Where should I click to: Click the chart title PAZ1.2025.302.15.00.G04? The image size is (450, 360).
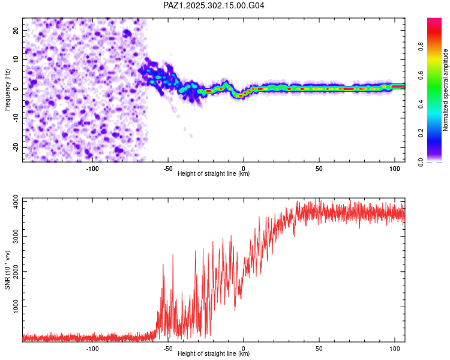click(214, 5)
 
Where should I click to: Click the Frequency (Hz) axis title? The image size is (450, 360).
click(8, 89)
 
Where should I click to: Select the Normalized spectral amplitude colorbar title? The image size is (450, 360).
click(445, 89)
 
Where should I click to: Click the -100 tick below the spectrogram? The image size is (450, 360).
click(92, 169)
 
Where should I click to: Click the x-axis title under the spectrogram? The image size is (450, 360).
click(214, 174)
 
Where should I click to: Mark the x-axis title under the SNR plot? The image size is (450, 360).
click(214, 354)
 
